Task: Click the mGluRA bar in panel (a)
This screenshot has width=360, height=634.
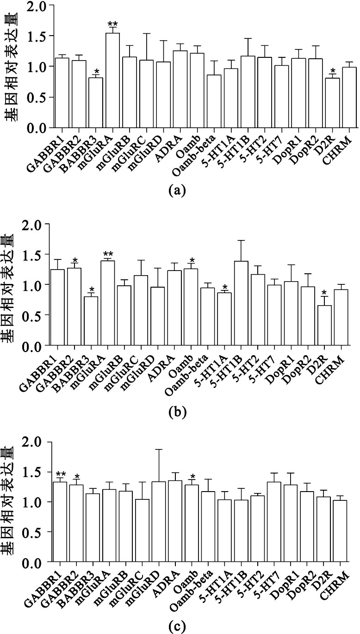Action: pyautogui.click(x=112, y=80)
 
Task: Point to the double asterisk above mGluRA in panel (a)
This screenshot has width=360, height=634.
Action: pyautogui.click(x=112, y=25)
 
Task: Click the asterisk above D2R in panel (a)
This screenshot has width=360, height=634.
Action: pyautogui.click(x=332, y=71)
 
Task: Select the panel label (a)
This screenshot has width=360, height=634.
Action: pyautogui.click(x=178, y=190)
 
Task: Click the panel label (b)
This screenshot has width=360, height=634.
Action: pyautogui.click(x=178, y=411)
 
